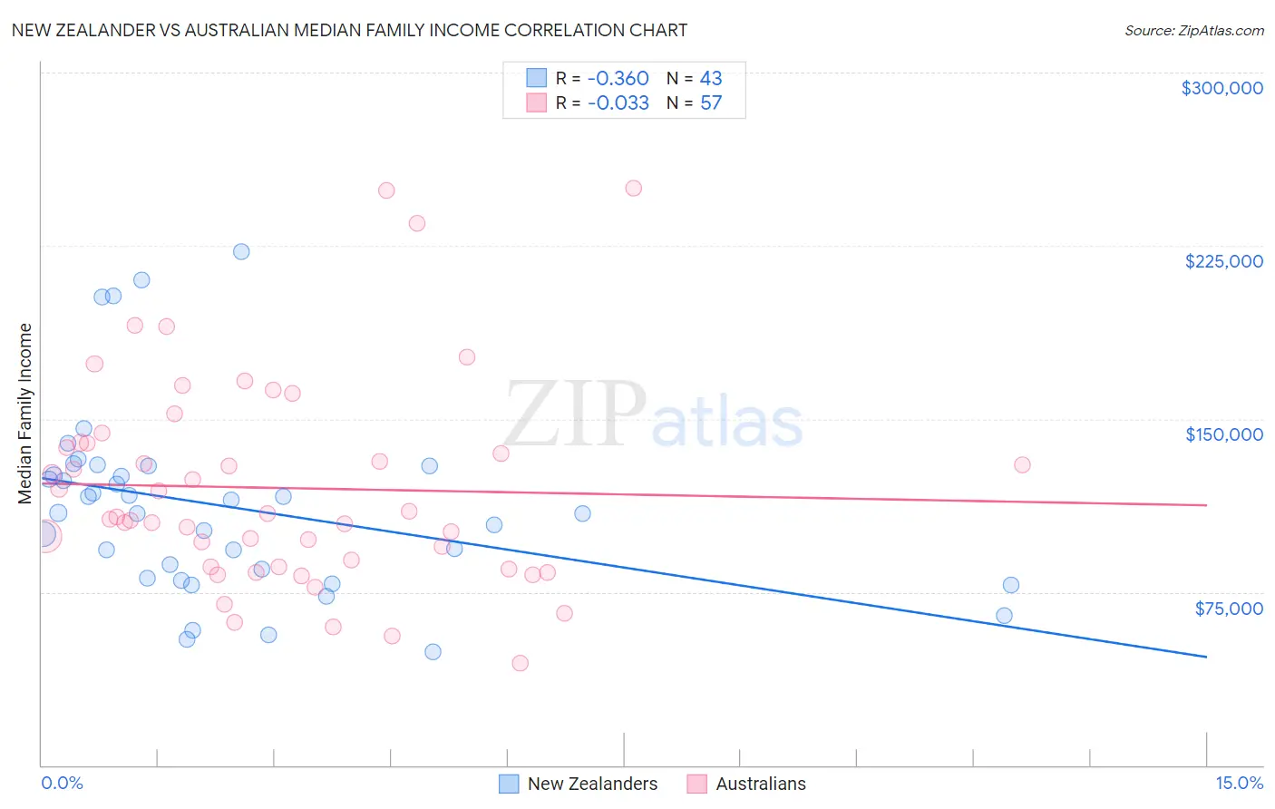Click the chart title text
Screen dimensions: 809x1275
(349, 30)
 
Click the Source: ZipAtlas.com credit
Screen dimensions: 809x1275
(1193, 31)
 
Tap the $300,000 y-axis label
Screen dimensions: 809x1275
(1221, 88)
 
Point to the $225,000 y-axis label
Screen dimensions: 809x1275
(1223, 261)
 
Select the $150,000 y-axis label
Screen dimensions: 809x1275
(1223, 434)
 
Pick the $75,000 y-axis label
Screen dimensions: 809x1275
(1229, 609)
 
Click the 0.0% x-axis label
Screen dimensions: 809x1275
(62, 783)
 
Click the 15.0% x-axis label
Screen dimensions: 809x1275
(1239, 783)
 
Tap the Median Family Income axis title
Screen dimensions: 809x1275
(25, 414)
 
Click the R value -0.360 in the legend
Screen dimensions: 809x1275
(618, 79)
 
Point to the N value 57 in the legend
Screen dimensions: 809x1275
(711, 103)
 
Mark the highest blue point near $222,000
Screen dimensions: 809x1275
(241, 251)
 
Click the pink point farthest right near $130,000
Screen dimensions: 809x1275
(1022, 464)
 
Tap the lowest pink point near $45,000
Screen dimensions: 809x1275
(520, 663)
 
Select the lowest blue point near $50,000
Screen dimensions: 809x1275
(433, 652)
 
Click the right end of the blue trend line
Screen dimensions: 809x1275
(1206, 656)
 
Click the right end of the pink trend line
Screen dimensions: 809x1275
(1206, 504)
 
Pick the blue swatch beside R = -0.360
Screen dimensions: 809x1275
(537, 79)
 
